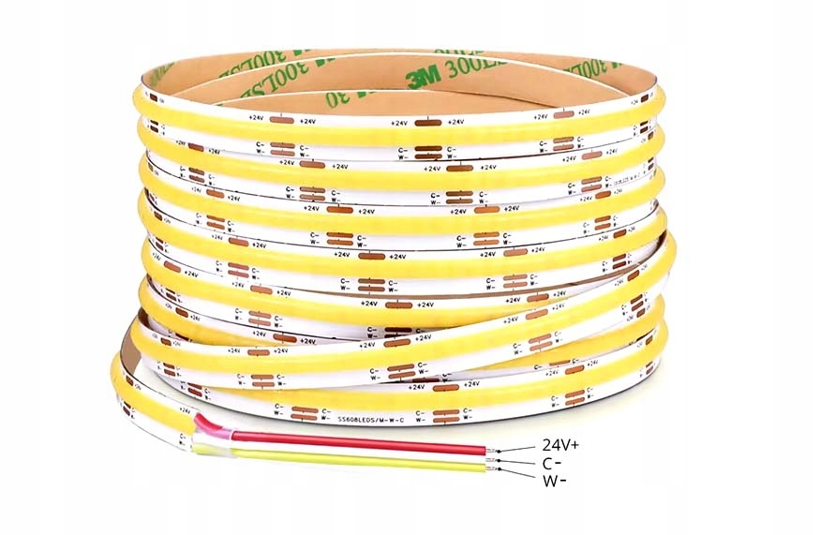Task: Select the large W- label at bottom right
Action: click(554, 481)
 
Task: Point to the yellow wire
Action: click(356, 459)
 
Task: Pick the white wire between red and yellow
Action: click(356, 450)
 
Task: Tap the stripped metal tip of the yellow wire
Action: click(491, 467)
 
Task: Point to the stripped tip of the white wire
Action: click(491, 459)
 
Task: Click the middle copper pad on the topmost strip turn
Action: click(428, 121)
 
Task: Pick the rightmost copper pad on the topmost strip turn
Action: click(562, 114)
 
